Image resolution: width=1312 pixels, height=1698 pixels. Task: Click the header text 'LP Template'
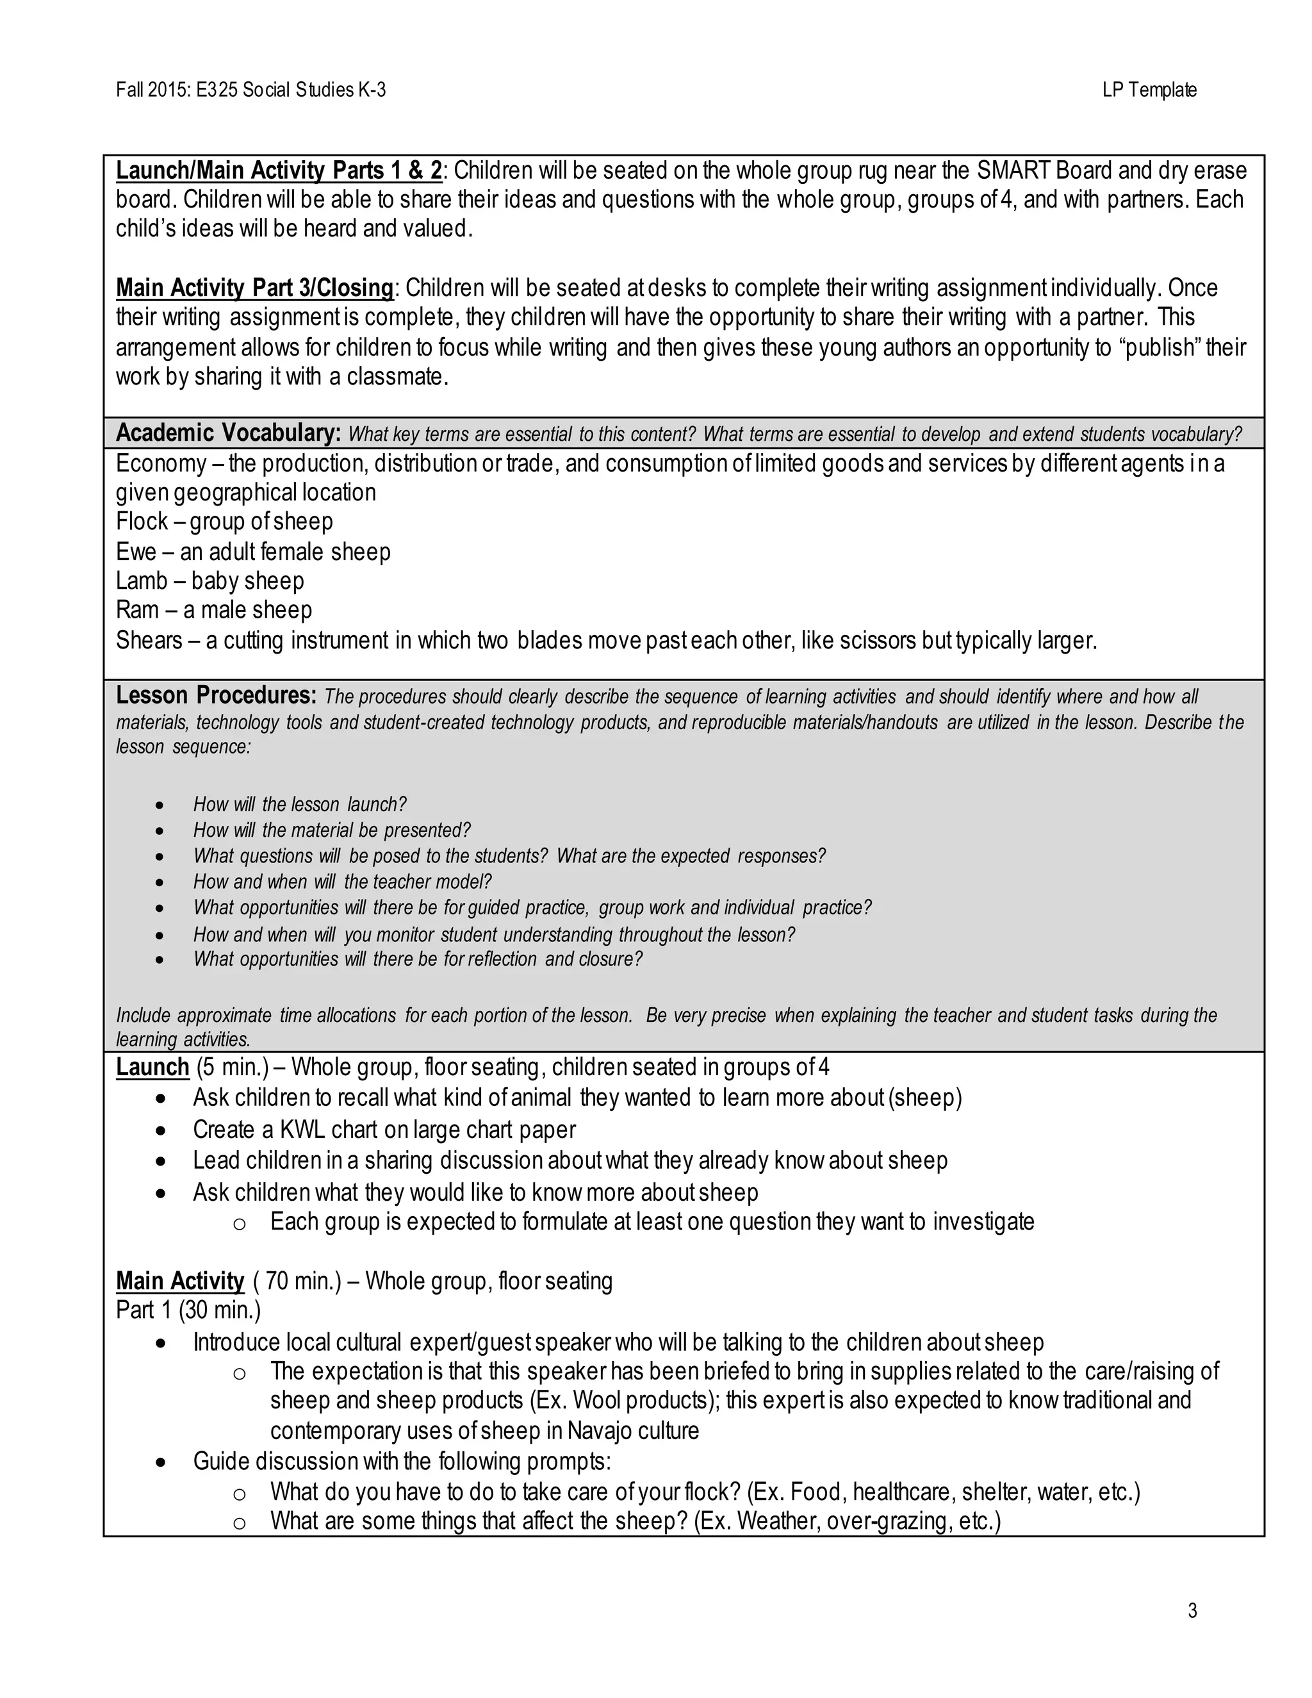1149,90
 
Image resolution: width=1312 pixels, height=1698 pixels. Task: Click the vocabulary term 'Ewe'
135,552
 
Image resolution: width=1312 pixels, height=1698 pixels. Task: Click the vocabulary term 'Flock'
142,522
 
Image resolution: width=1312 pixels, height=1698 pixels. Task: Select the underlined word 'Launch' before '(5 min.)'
152,1067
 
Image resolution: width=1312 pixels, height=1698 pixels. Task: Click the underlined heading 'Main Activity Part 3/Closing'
255,288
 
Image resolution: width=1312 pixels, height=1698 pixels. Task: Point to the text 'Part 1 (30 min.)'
188,1311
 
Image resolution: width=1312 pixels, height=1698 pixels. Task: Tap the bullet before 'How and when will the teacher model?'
160,882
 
